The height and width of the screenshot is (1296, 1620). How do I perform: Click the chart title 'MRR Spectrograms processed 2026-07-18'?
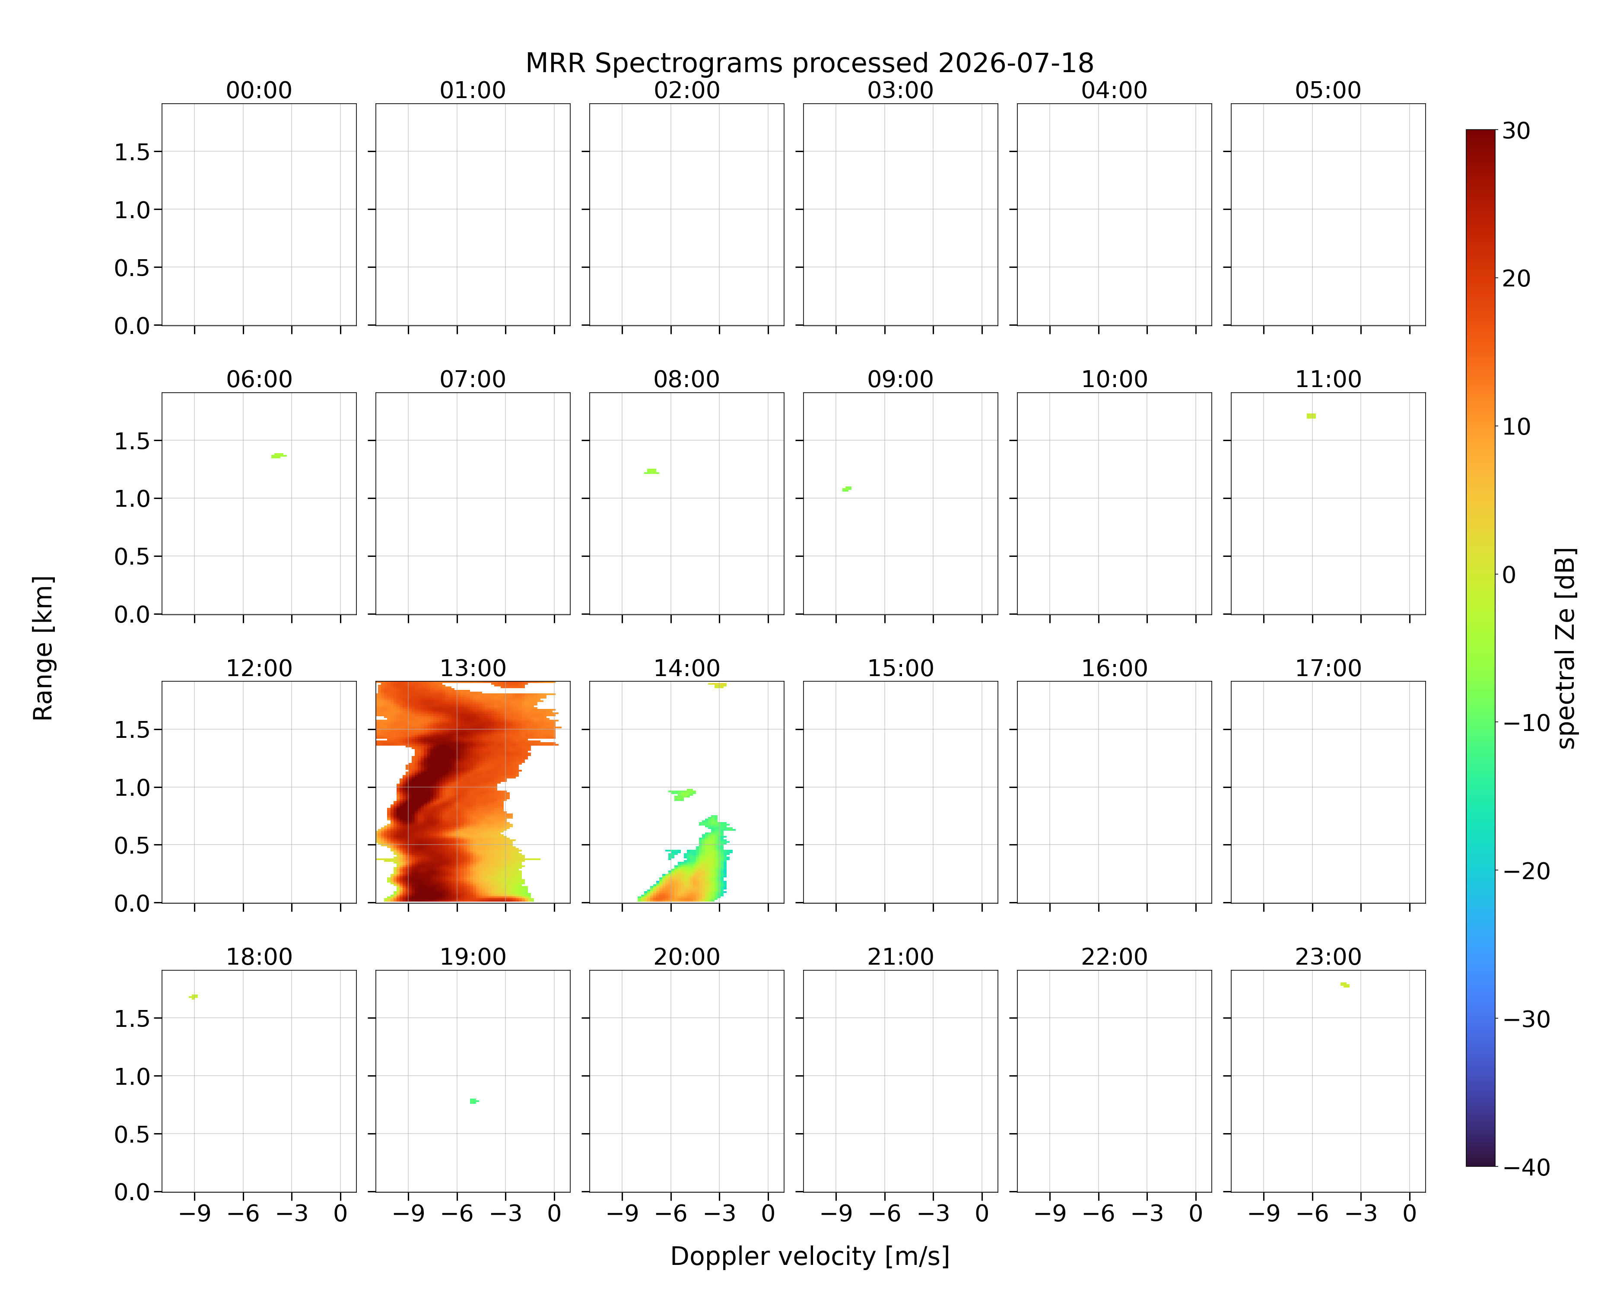pos(809,63)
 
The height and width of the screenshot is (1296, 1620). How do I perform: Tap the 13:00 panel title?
pos(473,668)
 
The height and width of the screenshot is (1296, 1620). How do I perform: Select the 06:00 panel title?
pos(259,379)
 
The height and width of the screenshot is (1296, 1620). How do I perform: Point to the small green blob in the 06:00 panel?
pos(279,455)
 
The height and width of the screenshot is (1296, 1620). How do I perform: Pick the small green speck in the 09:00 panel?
pos(847,489)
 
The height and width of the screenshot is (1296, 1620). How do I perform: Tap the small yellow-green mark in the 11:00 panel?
pos(1311,416)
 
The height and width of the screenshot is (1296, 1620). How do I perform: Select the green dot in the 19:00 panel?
pos(473,1102)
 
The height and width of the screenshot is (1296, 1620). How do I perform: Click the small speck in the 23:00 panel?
pos(1345,985)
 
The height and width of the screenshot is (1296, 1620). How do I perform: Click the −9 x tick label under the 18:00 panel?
pos(194,1213)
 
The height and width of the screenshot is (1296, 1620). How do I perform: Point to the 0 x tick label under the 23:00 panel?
pos(1410,1213)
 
